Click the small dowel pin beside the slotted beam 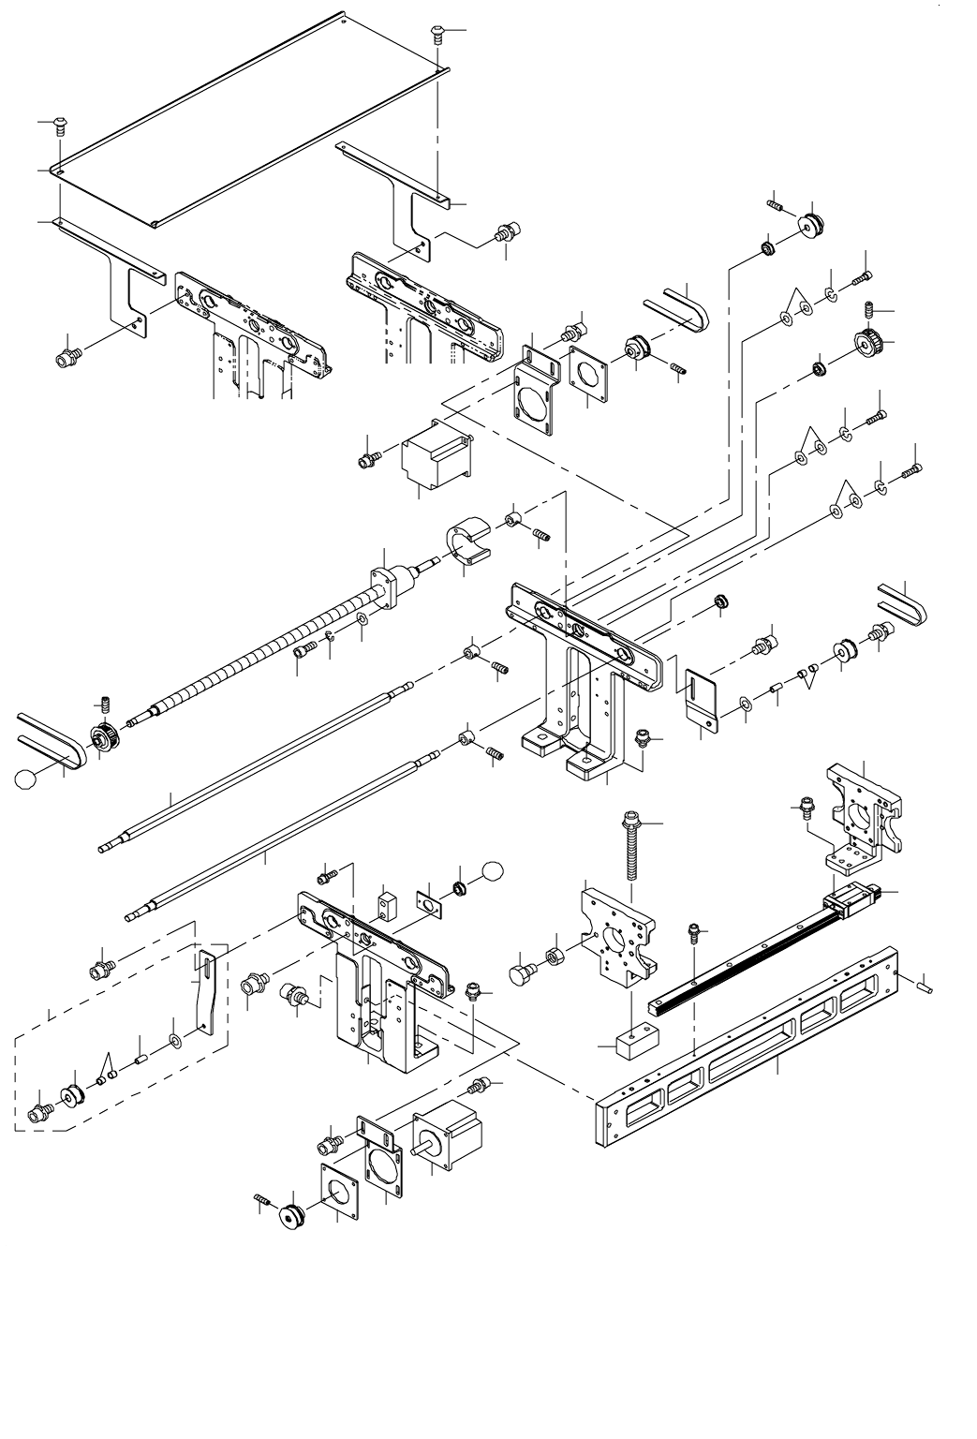(x=925, y=983)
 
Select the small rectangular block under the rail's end (x=634, y=1042)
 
